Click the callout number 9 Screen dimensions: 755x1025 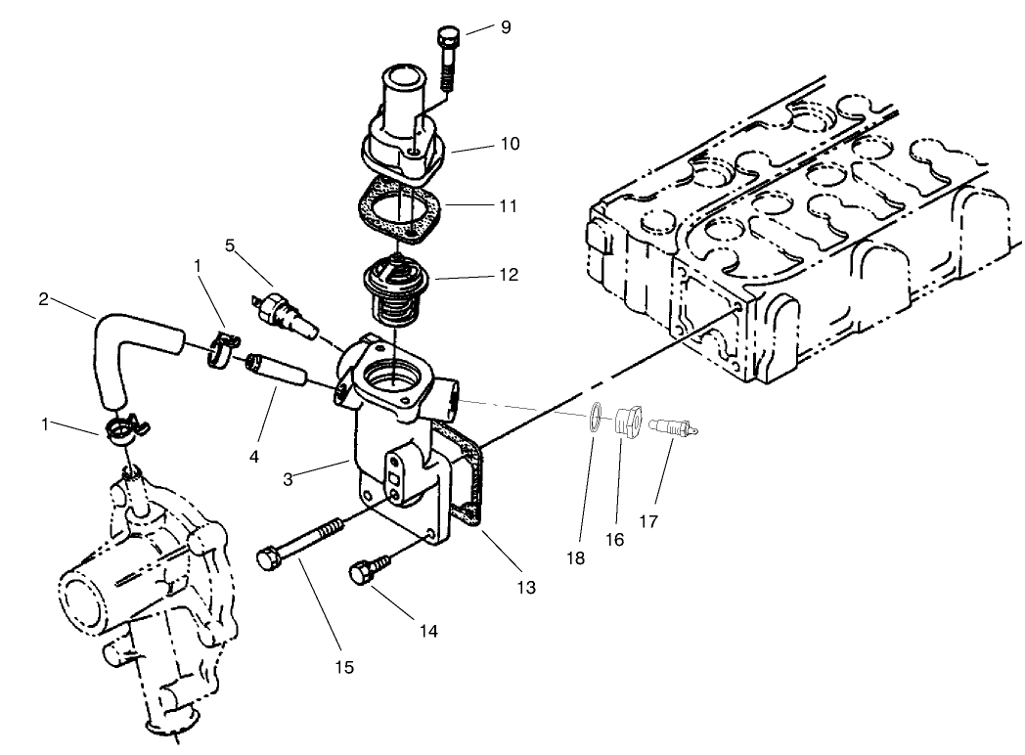[505, 26]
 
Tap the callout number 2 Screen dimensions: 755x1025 [43, 299]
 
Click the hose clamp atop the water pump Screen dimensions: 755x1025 [122, 430]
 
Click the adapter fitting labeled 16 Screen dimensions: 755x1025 [626, 424]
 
